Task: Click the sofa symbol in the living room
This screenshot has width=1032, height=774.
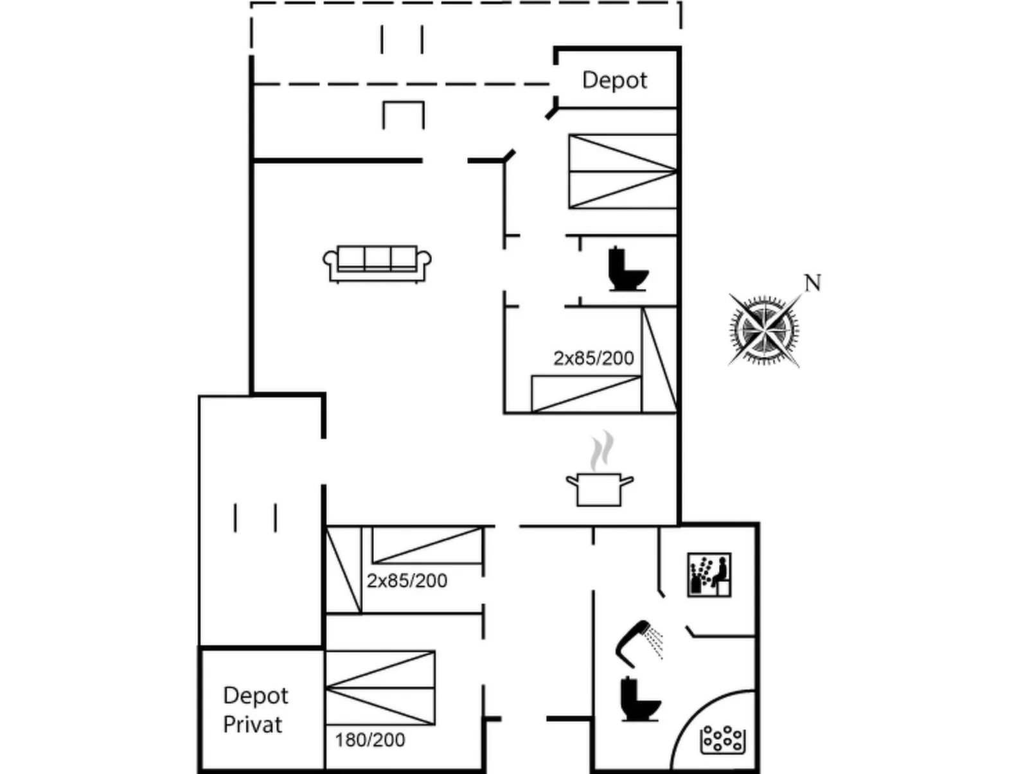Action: coord(377,263)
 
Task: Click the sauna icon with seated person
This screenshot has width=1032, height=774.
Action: coord(709,574)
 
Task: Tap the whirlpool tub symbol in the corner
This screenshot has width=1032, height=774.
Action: coord(722,739)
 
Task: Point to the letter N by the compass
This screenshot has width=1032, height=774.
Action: coord(813,283)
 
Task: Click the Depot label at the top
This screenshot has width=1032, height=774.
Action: coord(614,80)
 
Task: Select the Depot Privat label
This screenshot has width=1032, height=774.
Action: coord(255,710)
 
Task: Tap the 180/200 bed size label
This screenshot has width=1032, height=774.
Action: coord(369,740)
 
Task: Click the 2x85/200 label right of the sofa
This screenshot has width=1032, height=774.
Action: coord(594,358)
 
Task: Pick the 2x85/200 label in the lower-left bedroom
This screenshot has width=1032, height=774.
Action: coord(407,581)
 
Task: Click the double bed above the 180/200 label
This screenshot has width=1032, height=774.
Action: coord(380,688)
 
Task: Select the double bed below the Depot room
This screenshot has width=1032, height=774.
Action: coord(623,172)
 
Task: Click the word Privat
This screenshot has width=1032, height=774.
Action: coord(253,725)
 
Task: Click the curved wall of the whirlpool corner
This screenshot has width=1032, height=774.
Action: coord(691,713)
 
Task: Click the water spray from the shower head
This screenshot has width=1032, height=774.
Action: coord(655,644)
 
